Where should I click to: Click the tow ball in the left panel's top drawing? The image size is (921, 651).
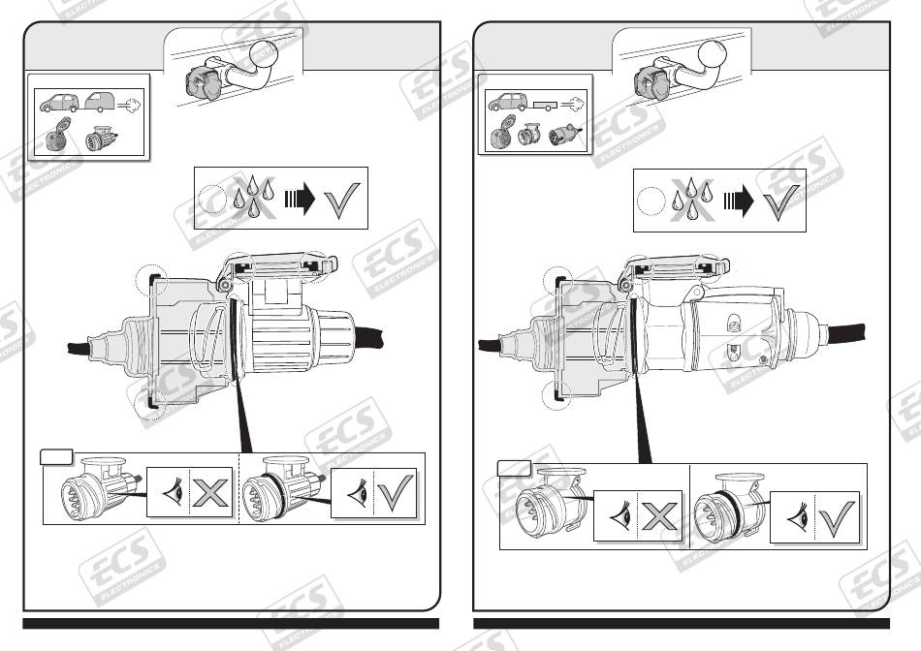click(265, 53)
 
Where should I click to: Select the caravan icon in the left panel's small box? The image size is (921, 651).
click(104, 102)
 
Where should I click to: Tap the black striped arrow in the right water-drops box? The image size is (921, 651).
click(740, 201)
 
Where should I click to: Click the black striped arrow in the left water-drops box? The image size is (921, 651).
click(302, 201)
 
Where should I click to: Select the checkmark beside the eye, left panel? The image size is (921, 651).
click(394, 492)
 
